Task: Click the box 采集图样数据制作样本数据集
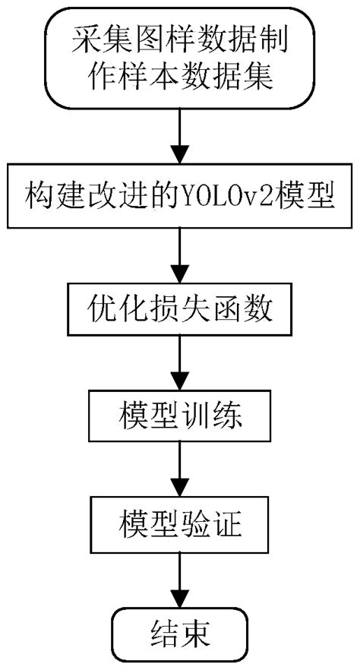tap(179, 57)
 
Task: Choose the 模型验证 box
tap(179, 523)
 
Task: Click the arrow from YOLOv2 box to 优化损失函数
tap(179, 256)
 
